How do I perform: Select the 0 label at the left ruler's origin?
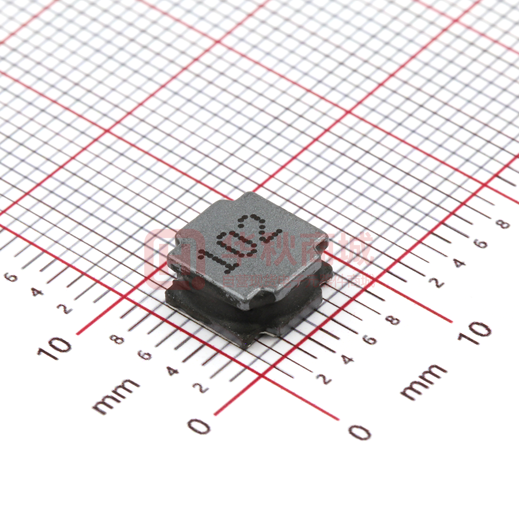click(199, 426)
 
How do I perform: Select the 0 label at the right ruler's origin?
click(359, 431)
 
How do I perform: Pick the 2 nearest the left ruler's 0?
click(201, 388)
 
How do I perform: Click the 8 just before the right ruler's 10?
click(394, 321)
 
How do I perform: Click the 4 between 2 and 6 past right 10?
click(459, 263)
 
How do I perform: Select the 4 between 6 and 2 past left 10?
click(37, 292)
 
